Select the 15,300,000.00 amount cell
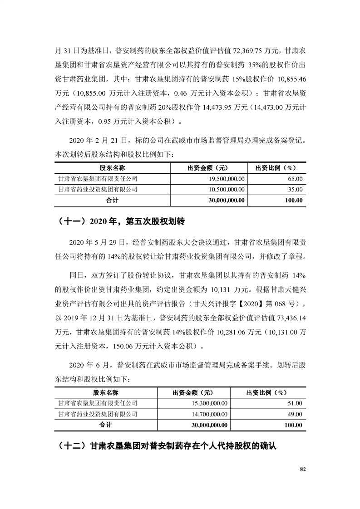(209, 403)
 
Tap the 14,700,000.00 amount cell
(209, 414)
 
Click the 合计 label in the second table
(105, 425)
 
